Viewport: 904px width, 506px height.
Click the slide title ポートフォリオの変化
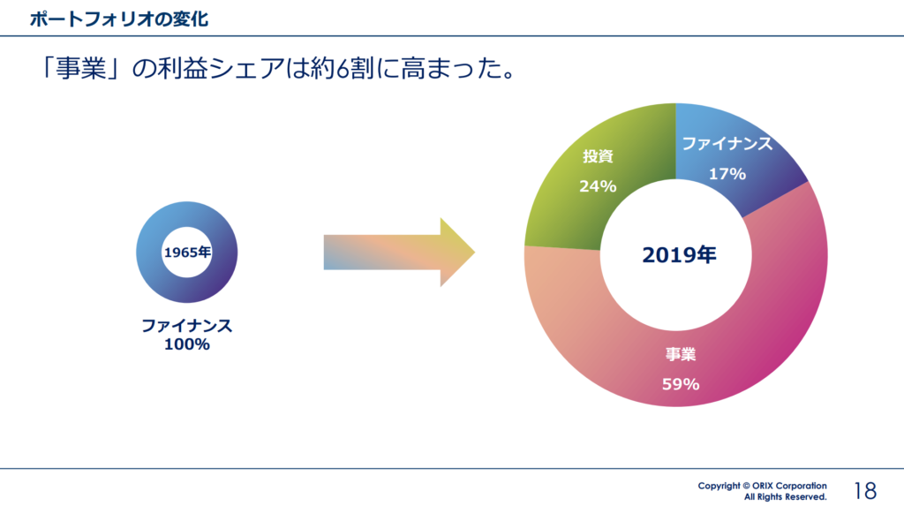click(x=119, y=19)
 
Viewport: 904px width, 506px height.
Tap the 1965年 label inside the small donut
click(x=187, y=253)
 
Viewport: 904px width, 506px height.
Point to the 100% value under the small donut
click(x=187, y=344)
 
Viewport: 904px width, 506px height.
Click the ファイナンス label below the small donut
click(x=187, y=325)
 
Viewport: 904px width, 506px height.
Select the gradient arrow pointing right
click(x=399, y=253)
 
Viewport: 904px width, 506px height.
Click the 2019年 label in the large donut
click(x=679, y=254)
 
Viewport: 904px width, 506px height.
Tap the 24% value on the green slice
click(x=598, y=186)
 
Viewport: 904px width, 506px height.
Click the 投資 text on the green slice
click(x=598, y=155)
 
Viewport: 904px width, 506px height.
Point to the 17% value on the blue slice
click(x=727, y=174)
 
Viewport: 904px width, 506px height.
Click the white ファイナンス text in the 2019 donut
click(x=727, y=144)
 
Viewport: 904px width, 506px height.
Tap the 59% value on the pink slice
click(x=681, y=384)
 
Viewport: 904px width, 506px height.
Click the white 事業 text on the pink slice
click(x=681, y=354)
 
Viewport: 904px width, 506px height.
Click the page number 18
click(x=865, y=491)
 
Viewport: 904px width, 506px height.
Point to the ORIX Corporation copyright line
click(x=762, y=486)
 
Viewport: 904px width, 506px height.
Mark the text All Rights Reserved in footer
click(x=785, y=497)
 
